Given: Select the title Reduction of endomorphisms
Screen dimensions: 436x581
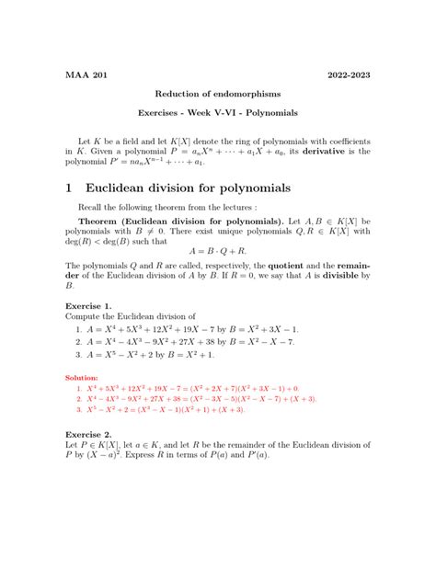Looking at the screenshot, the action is coord(217,94).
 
